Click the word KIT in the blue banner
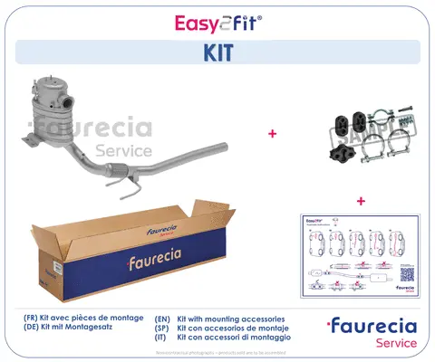217,52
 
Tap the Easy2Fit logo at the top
217,20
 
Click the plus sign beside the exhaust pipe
272,133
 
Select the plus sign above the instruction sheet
361,200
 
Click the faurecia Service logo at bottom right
372,332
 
